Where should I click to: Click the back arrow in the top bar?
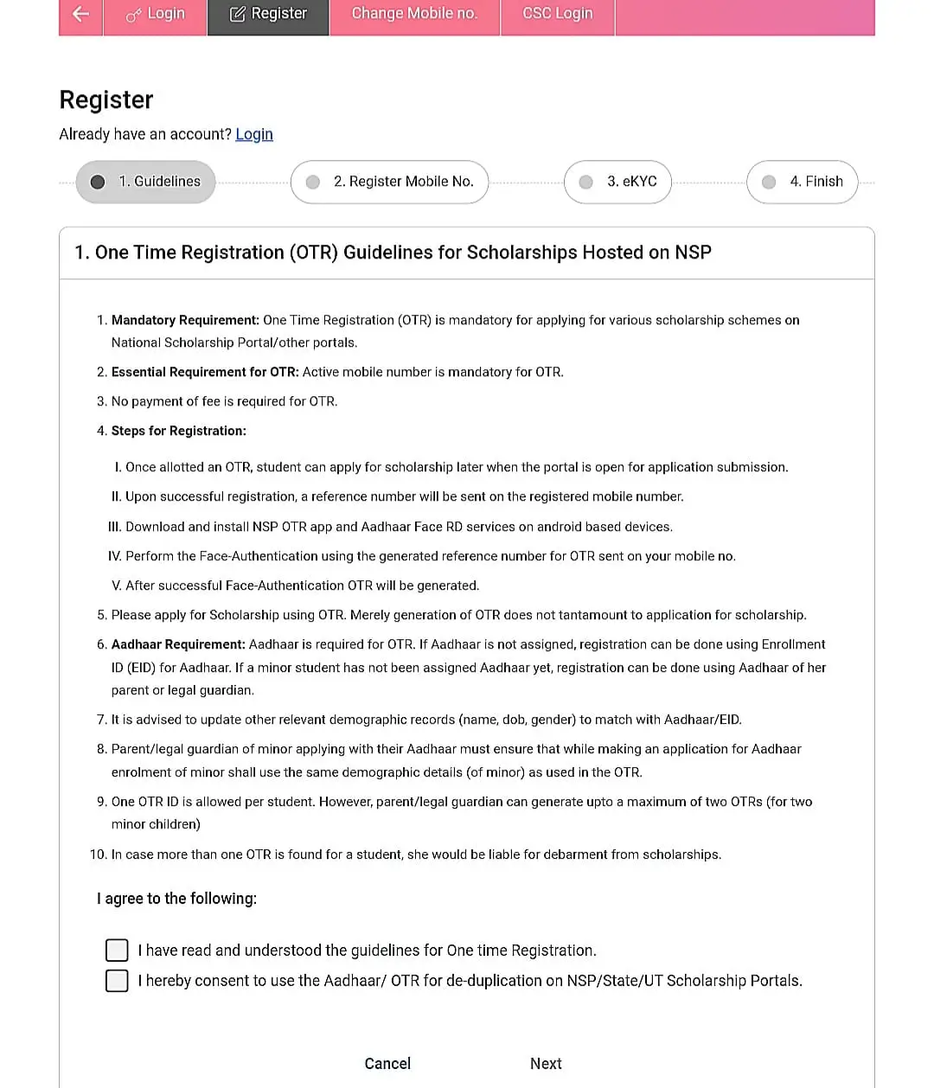tap(80, 14)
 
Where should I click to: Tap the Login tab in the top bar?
tap(156, 14)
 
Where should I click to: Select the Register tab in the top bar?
tap(268, 14)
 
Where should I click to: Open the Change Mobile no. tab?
tap(414, 14)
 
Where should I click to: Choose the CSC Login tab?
tap(558, 14)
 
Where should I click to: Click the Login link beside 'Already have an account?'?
tap(254, 134)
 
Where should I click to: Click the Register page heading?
tap(106, 100)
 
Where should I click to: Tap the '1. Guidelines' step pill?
tap(145, 182)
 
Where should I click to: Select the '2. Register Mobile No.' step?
tap(389, 182)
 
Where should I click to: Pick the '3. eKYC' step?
tap(617, 182)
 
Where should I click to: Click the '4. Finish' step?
tap(802, 182)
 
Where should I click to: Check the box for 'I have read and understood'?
tap(117, 950)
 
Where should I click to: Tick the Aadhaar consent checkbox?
tap(117, 981)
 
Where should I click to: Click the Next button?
tap(546, 1064)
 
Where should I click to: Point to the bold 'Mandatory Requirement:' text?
tap(185, 320)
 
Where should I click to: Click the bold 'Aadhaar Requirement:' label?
tap(178, 644)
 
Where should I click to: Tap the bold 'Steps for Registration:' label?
tap(178, 431)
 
